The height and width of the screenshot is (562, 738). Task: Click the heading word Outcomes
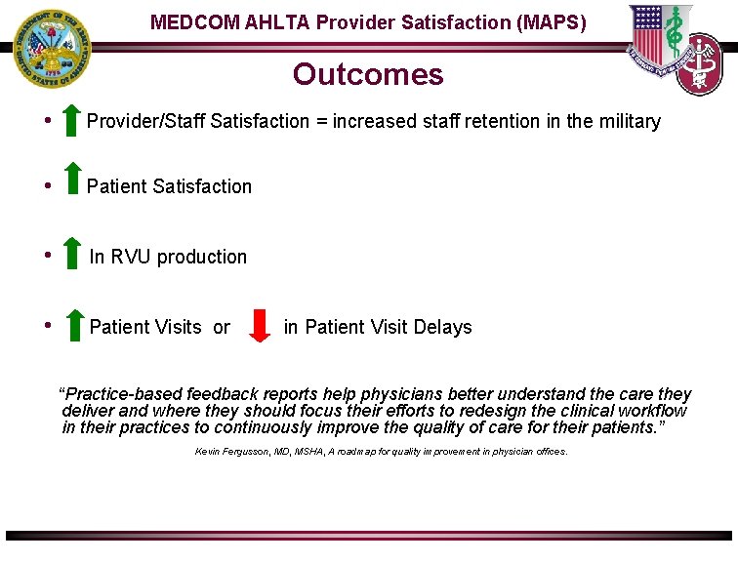368,75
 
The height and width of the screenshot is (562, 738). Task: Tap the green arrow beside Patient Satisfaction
72,180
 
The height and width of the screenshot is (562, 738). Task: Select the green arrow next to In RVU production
72,252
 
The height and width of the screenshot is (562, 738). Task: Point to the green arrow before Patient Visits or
74,324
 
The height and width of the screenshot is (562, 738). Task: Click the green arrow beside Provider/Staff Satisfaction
70,120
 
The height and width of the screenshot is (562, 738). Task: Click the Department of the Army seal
49,50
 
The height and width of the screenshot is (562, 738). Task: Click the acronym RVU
132,258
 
